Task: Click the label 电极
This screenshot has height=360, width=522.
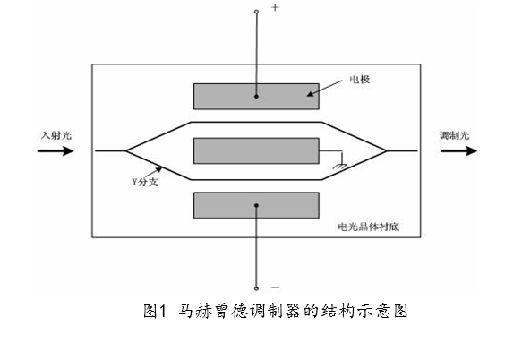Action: tap(360, 80)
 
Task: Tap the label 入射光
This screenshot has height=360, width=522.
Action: tap(56, 135)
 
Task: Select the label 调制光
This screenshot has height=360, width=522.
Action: tap(455, 135)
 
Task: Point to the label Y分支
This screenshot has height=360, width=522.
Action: tap(145, 182)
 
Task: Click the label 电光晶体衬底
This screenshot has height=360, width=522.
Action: tap(369, 227)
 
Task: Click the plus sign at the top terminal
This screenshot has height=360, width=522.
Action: tap(275, 7)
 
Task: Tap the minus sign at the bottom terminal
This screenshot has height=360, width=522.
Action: tap(275, 287)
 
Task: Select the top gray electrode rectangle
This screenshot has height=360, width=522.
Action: tap(256, 96)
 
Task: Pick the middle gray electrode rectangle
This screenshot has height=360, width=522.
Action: tap(256, 150)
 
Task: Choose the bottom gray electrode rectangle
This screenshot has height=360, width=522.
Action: tap(256, 205)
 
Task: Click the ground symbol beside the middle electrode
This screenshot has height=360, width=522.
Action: tap(340, 165)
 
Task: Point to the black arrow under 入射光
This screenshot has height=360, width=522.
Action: tap(56, 150)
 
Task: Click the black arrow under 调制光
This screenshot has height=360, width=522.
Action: tap(458, 150)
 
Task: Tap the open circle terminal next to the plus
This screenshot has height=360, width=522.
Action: tap(256, 12)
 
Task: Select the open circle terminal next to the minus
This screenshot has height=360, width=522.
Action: tap(256, 288)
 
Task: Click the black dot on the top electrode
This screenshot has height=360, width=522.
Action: tap(256, 96)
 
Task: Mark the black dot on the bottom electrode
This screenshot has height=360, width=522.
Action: tap(256, 205)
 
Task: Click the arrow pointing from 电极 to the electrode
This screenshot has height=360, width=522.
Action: tap(325, 88)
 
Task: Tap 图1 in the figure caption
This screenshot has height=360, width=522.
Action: tap(155, 311)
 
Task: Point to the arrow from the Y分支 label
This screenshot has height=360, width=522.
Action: tap(154, 172)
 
